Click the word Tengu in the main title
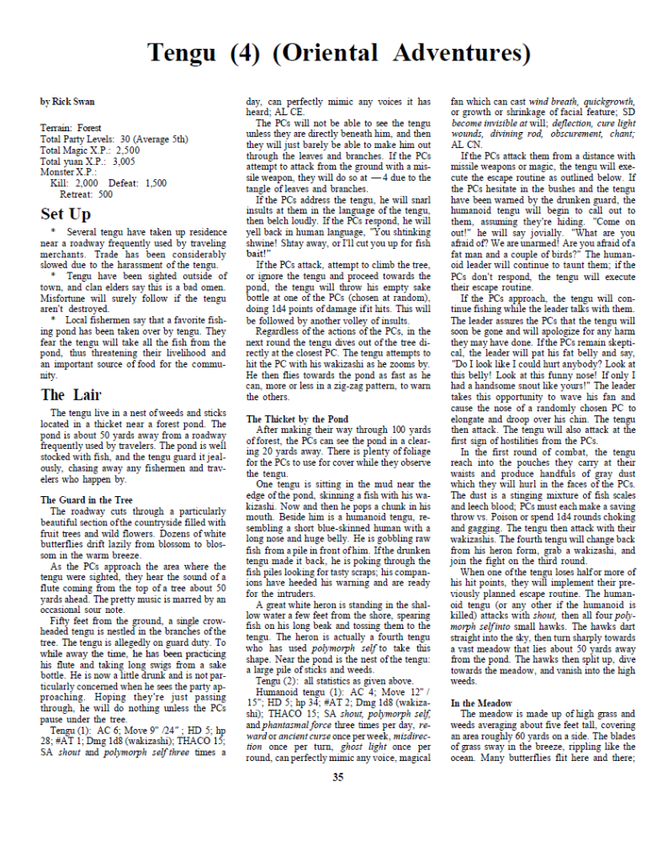[x=183, y=53]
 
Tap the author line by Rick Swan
[x=67, y=102]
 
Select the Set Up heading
[x=65, y=214]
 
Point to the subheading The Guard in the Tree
[x=87, y=499]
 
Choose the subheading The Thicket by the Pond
[x=297, y=418]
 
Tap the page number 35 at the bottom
[x=337, y=777]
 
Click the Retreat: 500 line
[x=87, y=193]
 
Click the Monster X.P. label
[x=68, y=172]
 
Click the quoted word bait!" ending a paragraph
[x=258, y=253]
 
